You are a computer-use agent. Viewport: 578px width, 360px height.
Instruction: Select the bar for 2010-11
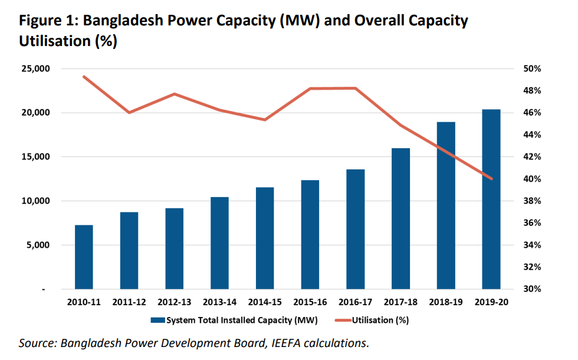click(x=84, y=257)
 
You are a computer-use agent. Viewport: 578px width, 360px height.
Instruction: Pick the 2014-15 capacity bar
click(x=265, y=238)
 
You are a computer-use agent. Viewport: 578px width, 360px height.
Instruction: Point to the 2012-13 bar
click(x=174, y=248)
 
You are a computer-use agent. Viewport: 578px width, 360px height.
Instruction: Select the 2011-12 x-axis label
click(x=129, y=302)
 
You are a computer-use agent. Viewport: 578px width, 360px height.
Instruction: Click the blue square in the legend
click(x=157, y=320)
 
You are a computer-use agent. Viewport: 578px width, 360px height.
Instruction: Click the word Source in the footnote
click(x=36, y=343)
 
